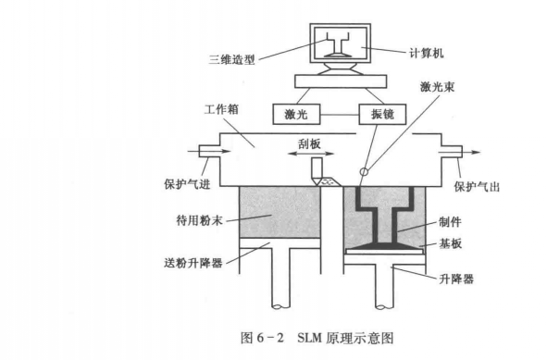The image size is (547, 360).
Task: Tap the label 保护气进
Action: coord(183,182)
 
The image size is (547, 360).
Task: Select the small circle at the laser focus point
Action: coord(364,170)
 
